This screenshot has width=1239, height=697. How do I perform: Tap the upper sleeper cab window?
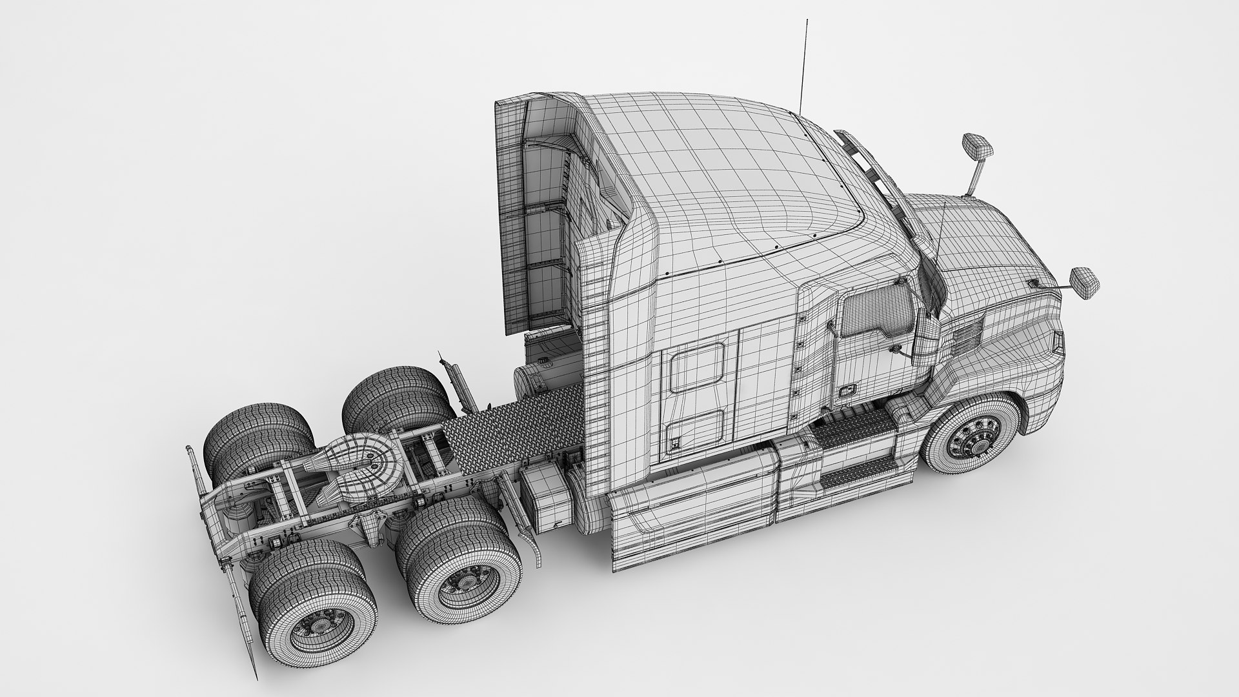(x=696, y=368)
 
